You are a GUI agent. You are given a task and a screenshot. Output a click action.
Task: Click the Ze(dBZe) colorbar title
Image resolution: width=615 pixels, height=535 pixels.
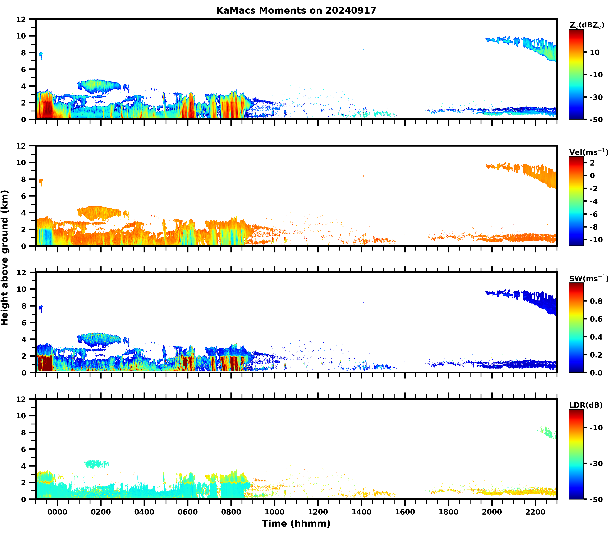pos(587,26)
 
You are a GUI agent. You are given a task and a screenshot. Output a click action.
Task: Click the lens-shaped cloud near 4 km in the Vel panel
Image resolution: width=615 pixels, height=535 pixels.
pos(98,213)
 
